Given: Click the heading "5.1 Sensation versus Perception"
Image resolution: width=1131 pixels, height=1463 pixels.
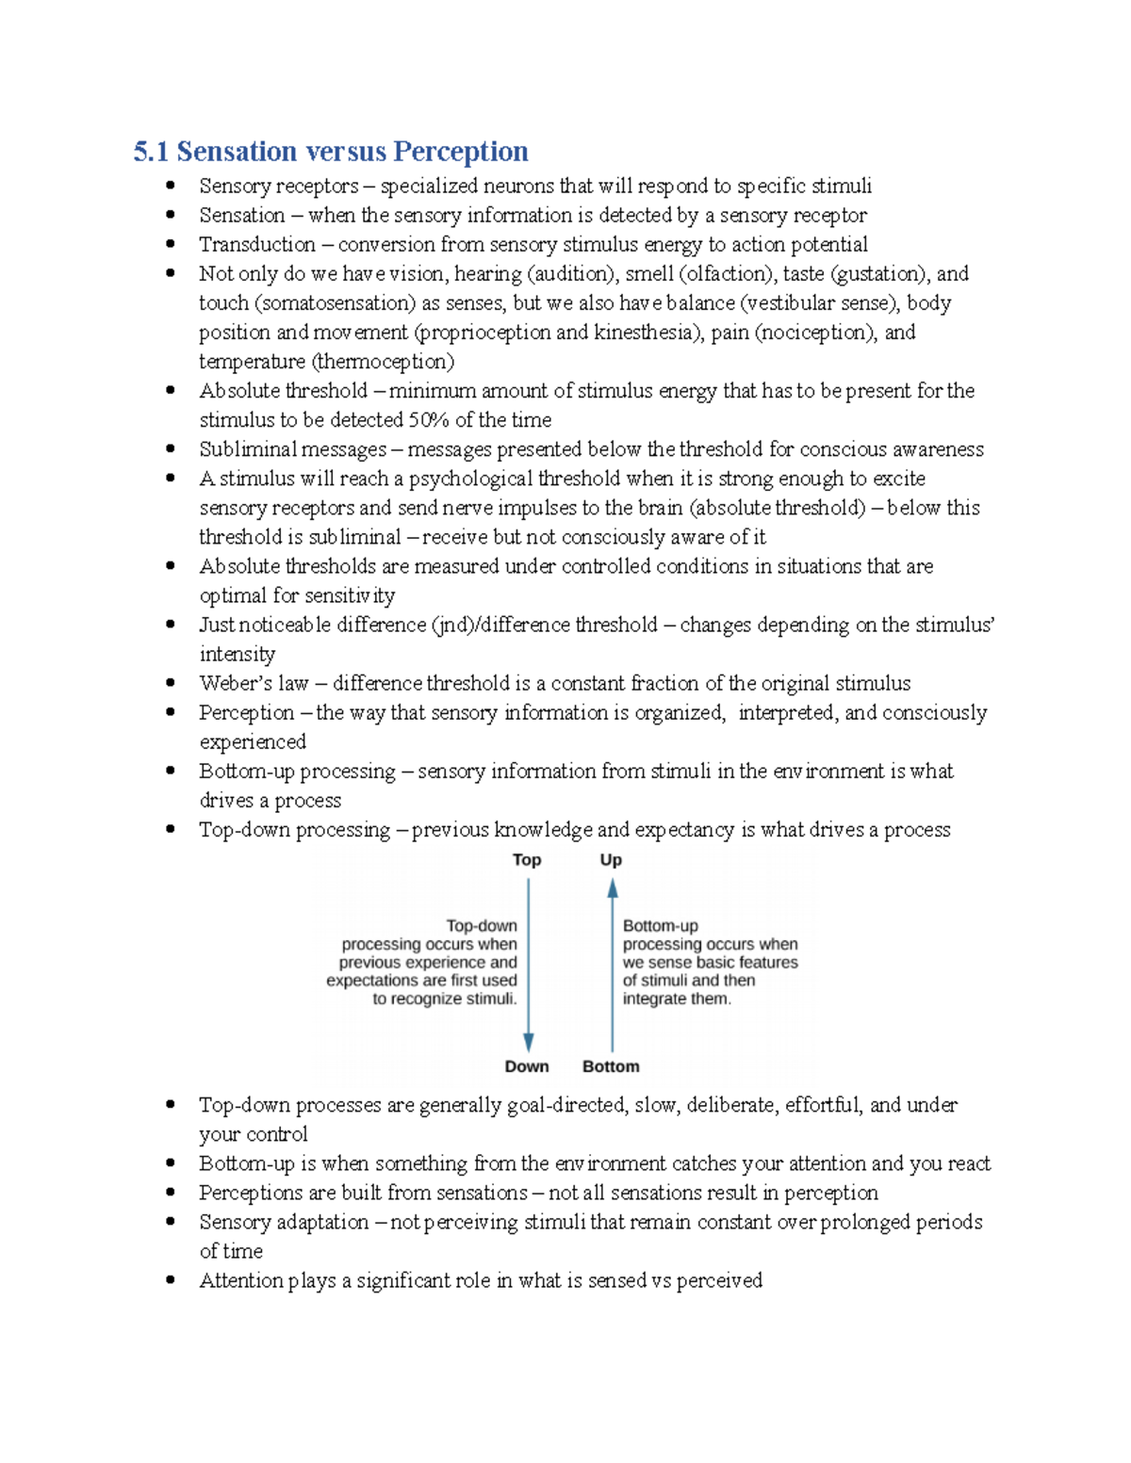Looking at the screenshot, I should point(330,152).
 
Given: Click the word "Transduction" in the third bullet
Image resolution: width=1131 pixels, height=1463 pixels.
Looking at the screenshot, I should point(256,245).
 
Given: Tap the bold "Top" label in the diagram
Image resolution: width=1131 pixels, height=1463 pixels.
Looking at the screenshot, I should point(527,860).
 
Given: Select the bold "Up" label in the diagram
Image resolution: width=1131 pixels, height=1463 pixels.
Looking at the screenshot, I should point(611,860).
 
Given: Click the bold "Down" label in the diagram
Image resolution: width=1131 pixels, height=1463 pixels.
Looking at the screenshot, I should point(527,1066).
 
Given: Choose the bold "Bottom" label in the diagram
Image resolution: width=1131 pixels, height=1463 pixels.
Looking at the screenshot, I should point(611,1066).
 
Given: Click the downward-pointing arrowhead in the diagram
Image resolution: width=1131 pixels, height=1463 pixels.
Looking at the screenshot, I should point(529,1042).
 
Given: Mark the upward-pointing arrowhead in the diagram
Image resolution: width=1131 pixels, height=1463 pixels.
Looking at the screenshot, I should point(613,888).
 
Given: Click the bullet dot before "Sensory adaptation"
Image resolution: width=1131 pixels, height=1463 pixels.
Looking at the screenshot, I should point(171,1222).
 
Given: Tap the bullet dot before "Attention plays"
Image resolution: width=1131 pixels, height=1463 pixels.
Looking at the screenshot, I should point(171,1280).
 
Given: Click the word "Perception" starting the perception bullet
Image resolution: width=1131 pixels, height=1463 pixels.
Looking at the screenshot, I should point(246,713).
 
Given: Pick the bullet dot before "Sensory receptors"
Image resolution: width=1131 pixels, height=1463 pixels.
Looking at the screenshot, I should point(171,186).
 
